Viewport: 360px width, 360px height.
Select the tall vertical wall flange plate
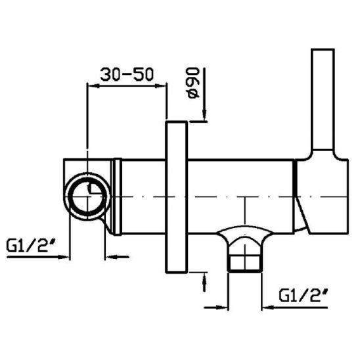177,198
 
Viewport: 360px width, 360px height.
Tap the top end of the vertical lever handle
323,53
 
